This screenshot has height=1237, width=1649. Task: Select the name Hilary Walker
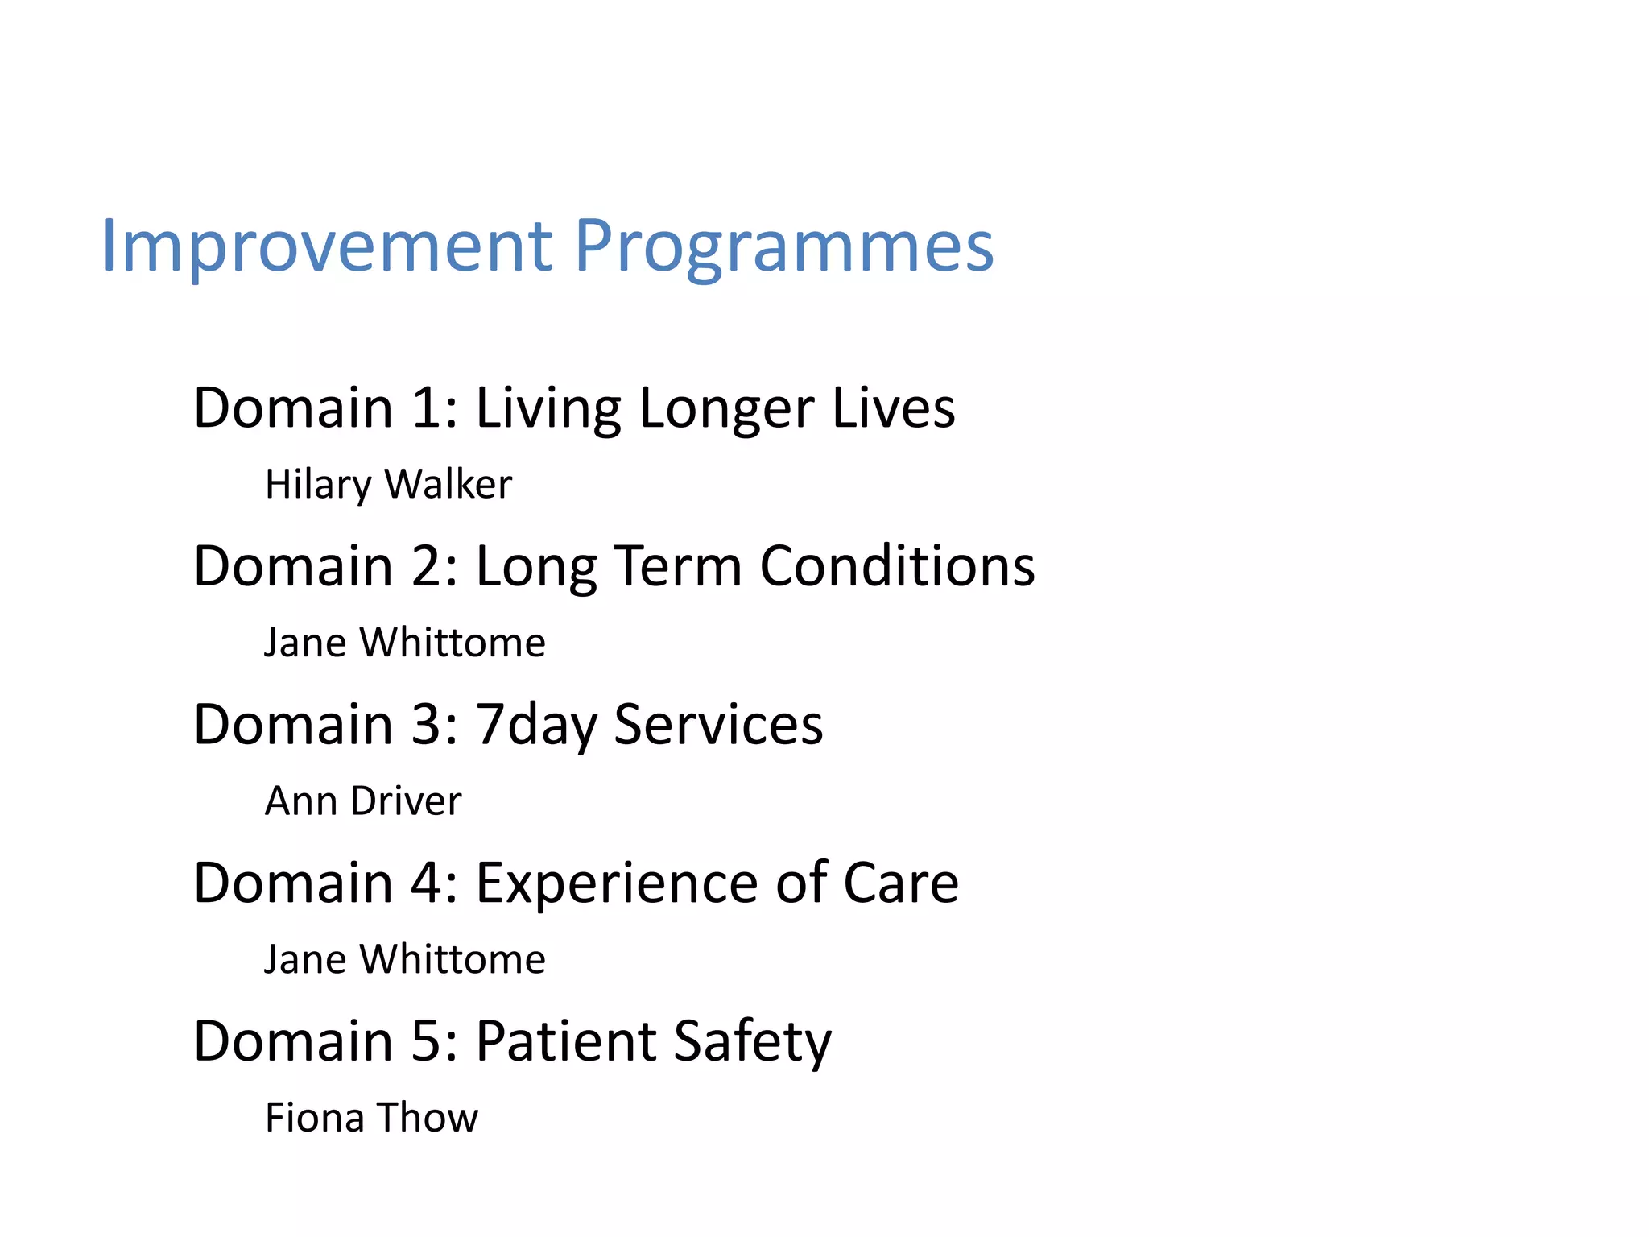[x=388, y=485]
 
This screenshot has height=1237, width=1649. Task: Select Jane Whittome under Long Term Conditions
[x=405, y=643]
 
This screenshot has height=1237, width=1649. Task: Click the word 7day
[x=535, y=725]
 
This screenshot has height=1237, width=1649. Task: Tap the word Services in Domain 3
[x=718, y=725]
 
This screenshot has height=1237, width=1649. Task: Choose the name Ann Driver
[x=363, y=801]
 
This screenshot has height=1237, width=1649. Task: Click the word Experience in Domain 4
[x=617, y=883]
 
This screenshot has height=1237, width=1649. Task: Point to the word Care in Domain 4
[x=901, y=883]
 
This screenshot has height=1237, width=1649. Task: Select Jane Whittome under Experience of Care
[x=405, y=960]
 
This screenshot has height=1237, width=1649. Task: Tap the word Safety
[x=752, y=1041]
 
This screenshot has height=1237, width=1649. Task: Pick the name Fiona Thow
[x=371, y=1118]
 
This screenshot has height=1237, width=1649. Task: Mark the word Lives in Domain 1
[x=893, y=408]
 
